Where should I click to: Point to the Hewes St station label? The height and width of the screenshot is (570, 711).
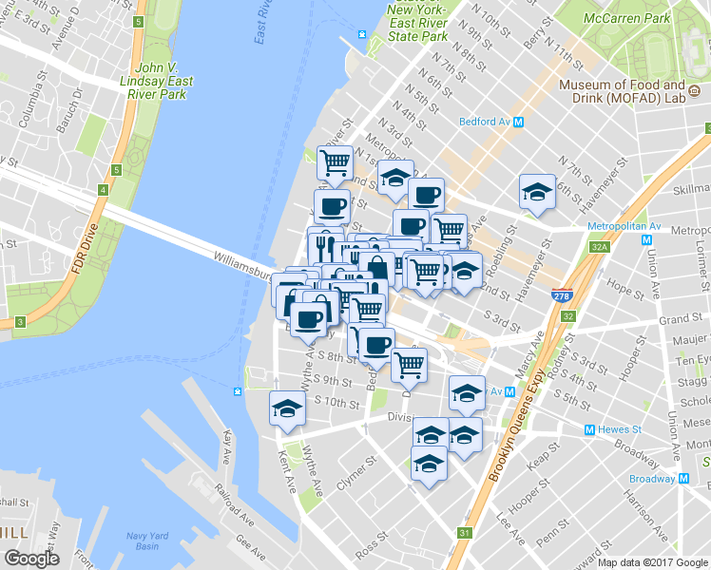(624, 429)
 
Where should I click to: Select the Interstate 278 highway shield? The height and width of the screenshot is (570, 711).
(561, 296)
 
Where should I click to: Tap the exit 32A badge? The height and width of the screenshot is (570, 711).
(598, 247)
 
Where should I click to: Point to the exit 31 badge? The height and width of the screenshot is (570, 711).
(463, 534)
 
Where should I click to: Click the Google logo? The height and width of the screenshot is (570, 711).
(31, 559)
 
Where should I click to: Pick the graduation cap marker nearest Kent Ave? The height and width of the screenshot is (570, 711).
(286, 409)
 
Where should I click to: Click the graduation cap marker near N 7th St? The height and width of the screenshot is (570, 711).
(537, 193)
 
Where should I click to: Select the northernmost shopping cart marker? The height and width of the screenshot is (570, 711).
(335, 163)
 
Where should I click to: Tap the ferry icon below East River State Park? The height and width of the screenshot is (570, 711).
(361, 35)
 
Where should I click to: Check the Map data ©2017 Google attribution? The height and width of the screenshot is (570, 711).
(652, 562)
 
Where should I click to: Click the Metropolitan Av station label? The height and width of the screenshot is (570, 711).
(647, 227)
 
